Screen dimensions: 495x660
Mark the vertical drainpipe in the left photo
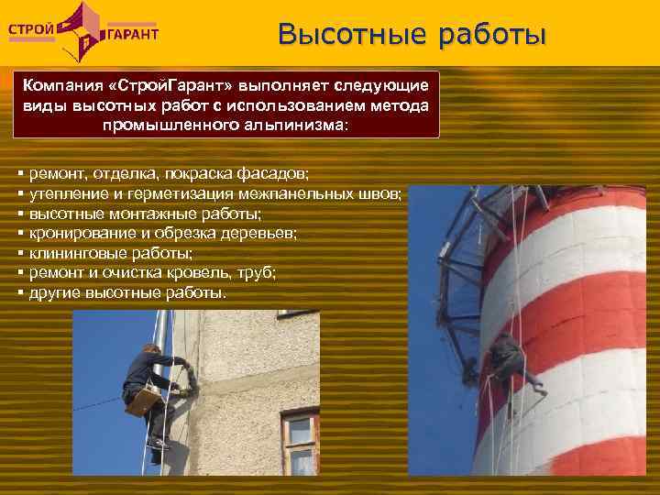pyautogui.click(x=162, y=339)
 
